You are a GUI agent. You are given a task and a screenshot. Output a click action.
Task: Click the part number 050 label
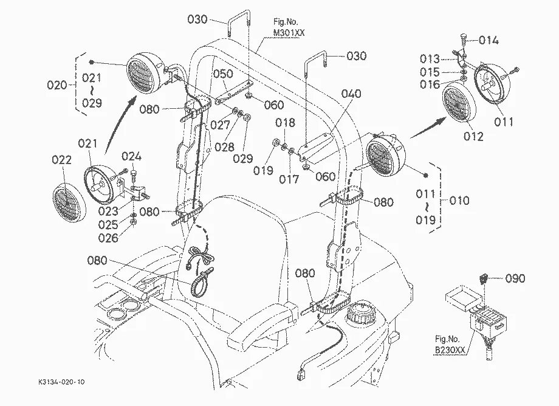pyautogui.click(x=223, y=74)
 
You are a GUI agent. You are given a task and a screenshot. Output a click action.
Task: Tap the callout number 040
pyautogui.click(x=351, y=94)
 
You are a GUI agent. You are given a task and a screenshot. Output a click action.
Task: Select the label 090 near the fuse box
pyautogui.click(x=515, y=278)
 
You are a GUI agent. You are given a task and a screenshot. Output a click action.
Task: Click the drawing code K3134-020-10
pyautogui.click(x=62, y=382)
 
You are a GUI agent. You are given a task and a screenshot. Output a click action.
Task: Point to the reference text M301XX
pyautogui.click(x=289, y=33)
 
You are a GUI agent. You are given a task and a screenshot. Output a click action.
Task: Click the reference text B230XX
pyautogui.click(x=450, y=350)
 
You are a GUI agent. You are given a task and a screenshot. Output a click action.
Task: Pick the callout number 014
pyautogui.click(x=489, y=40)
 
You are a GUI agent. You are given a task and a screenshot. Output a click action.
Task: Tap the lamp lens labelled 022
pyautogui.click(x=69, y=203)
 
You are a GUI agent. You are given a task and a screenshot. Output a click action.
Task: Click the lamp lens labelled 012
pyautogui.click(x=459, y=102)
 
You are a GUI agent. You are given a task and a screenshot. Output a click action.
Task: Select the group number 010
pyautogui.click(x=459, y=201)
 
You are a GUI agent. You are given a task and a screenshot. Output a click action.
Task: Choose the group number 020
pyautogui.click(x=57, y=85)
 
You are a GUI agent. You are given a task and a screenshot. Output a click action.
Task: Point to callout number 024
pyautogui.click(x=132, y=156)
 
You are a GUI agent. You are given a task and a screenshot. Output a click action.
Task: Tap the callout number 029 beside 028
pyautogui.click(x=243, y=159)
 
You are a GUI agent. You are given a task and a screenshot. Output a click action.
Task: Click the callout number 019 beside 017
pyautogui.click(x=263, y=170)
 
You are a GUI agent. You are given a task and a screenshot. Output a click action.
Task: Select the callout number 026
pyautogui.click(x=108, y=238)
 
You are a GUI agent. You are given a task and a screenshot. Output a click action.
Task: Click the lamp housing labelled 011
pyautogui.click(x=492, y=84)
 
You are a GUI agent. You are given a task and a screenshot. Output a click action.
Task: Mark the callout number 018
pyautogui.click(x=285, y=123)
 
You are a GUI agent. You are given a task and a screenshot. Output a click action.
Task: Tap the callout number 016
pyautogui.click(x=430, y=84)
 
